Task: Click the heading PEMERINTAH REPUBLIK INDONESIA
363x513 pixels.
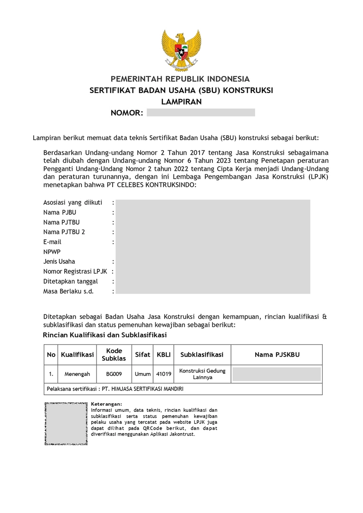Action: (x=180, y=79)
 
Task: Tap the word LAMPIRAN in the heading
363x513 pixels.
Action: (x=181, y=102)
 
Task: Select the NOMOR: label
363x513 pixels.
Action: (x=127, y=113)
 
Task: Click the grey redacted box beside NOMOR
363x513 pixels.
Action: (x=201, y=113)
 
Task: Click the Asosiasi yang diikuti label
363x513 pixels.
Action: (x=73, y=202)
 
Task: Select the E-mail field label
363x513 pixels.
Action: (x=52, y=242)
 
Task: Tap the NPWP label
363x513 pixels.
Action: (x=52, y=252)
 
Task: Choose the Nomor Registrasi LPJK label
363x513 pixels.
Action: (x=75, y=272)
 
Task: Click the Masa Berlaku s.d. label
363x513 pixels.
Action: (x=68, y=291)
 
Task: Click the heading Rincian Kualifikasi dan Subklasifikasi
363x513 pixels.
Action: (x=105, y=335)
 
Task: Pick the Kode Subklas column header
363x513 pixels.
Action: (x=114, y=355)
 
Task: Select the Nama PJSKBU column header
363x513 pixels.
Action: (x=277, y=355)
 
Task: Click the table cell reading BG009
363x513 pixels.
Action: (x=114, y=374)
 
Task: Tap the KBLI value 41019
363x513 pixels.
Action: (x=164, y=374)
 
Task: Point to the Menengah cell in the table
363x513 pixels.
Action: (x=77, y=374)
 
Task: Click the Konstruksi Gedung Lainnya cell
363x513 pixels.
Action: (x=202, y=374)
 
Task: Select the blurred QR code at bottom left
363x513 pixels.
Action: (x=66, y=423)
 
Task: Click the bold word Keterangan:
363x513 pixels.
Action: (x=106, y=404)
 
